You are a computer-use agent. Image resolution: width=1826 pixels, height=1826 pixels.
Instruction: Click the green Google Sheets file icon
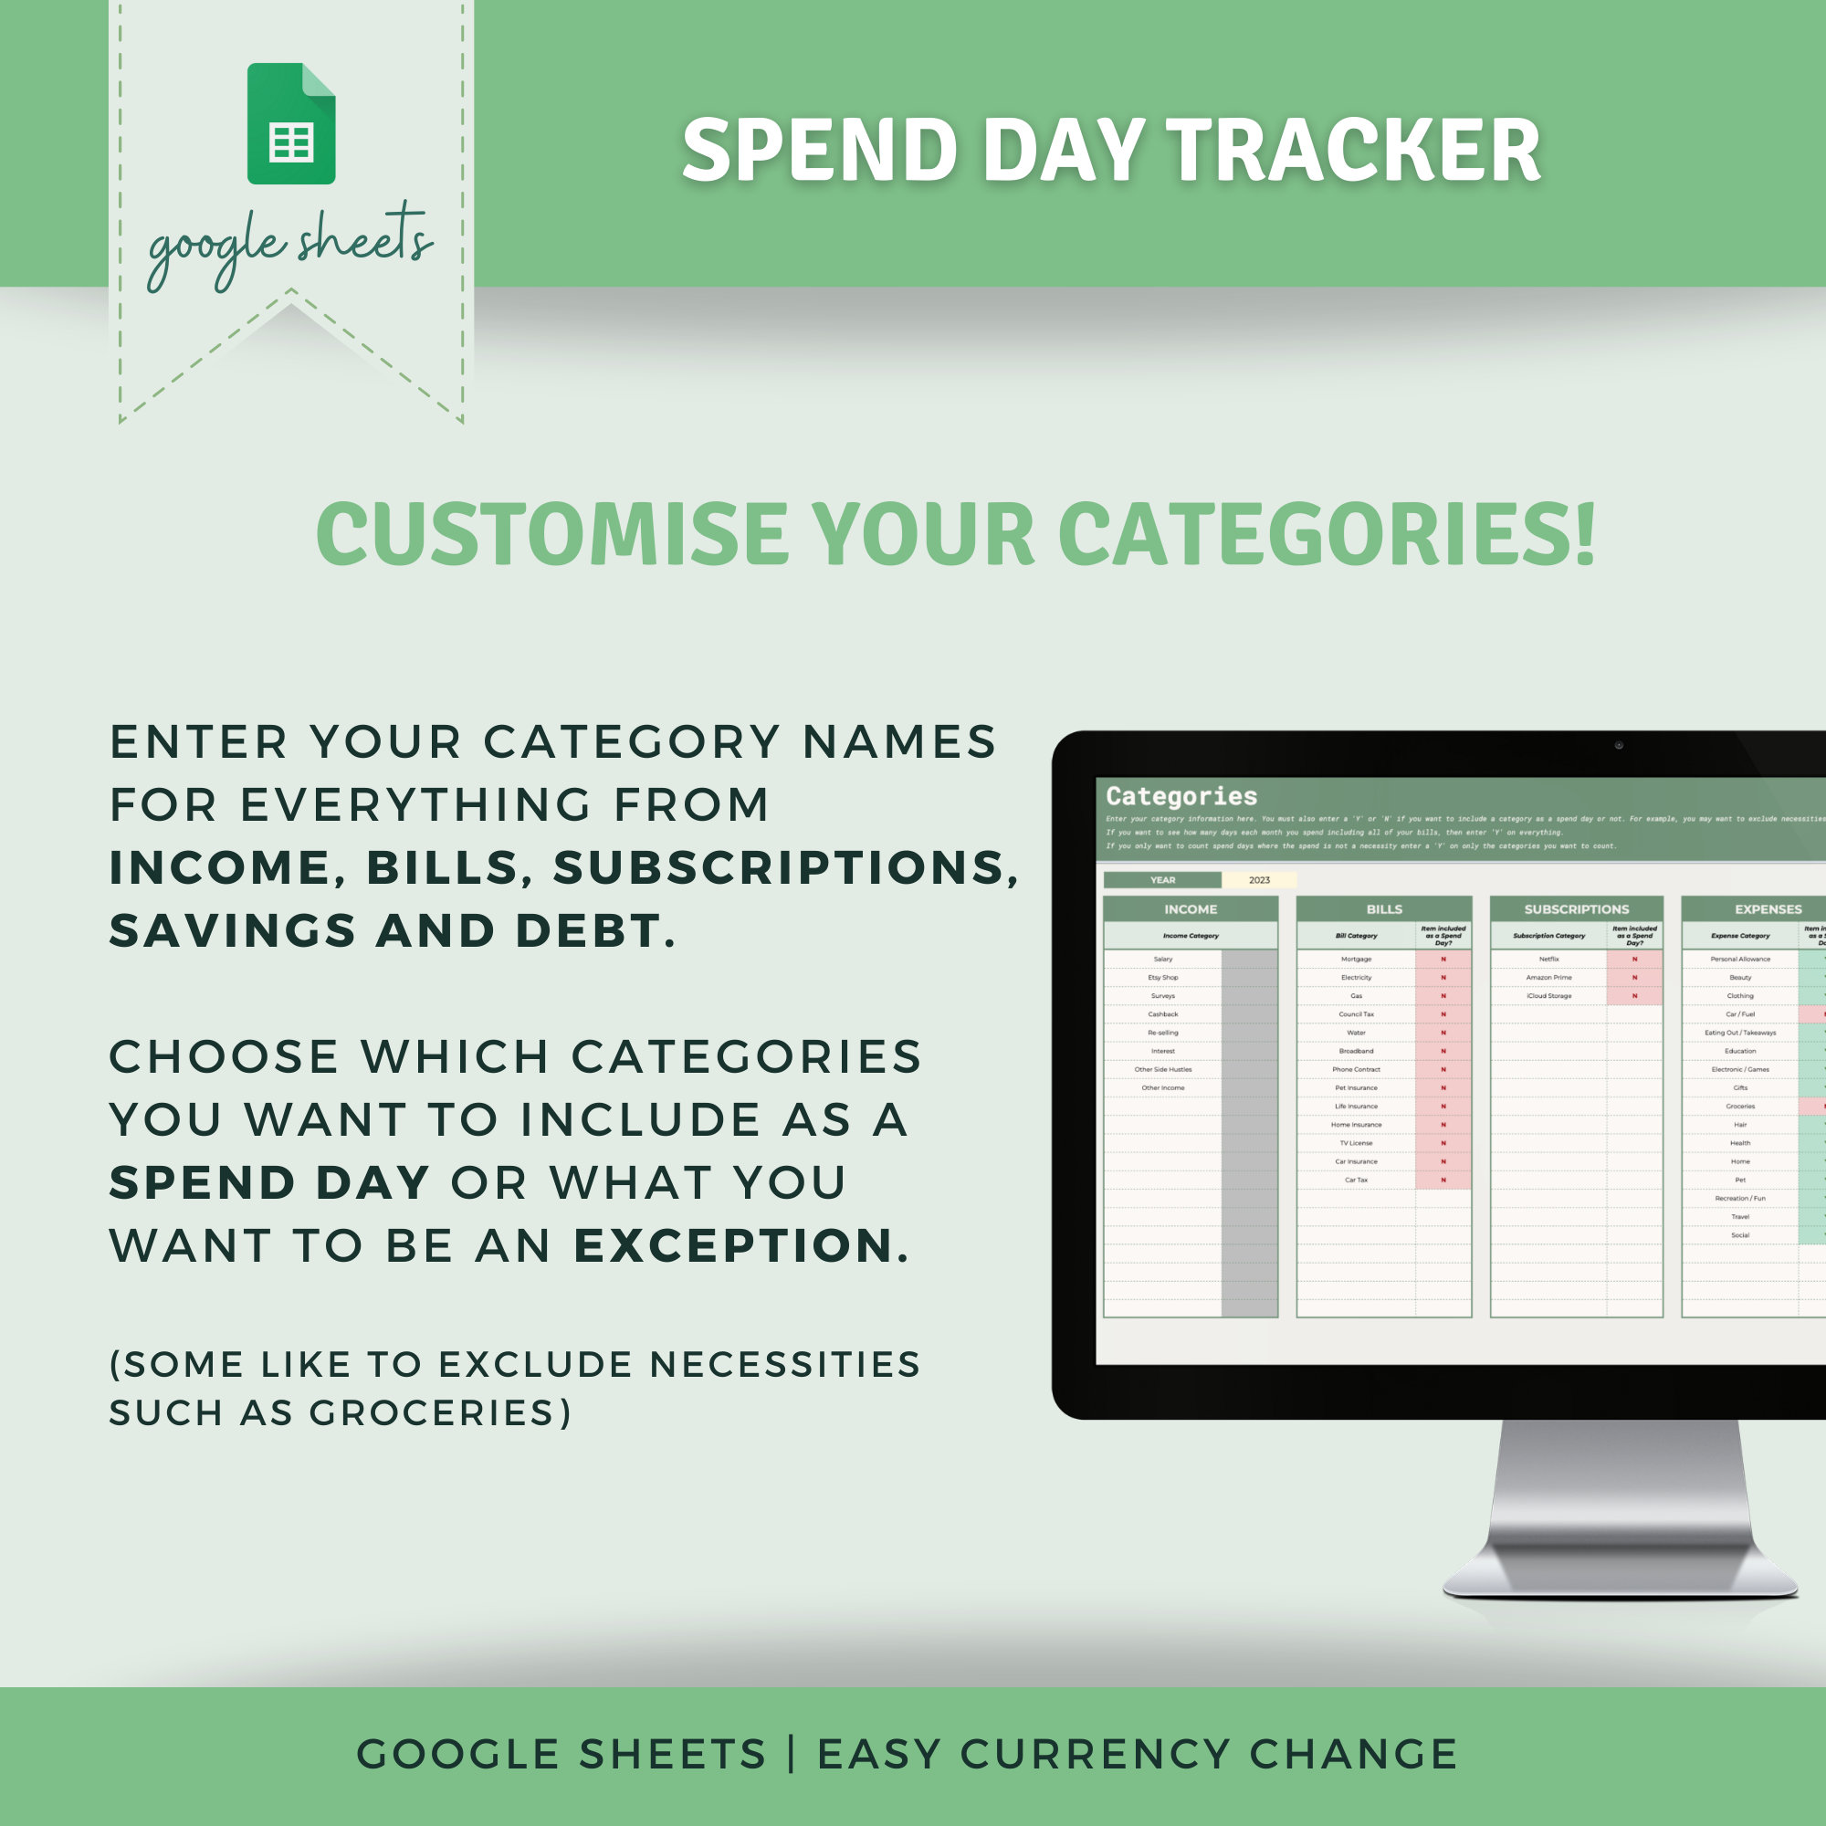pos(291,124)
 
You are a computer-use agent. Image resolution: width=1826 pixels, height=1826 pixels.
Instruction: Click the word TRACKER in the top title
pos(1353,152)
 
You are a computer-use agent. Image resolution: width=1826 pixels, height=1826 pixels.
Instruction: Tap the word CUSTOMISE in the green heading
pos(552,534)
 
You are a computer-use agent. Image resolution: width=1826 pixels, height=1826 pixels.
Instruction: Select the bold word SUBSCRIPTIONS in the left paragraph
pos(785,868)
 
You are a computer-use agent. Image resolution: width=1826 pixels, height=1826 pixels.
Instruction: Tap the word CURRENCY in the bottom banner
pos(1096,1754)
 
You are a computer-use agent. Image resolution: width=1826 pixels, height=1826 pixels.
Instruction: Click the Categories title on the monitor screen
pos(1181,796)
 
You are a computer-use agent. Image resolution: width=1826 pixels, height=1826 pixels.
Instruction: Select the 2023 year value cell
pos(1259,880)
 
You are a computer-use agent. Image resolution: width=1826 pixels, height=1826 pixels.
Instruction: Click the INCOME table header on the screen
pos(1190,909)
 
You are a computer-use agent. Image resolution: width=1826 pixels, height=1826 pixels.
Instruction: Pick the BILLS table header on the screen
pos(1384,909)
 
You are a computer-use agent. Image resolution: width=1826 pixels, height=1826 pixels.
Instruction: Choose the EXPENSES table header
pos(1768,909)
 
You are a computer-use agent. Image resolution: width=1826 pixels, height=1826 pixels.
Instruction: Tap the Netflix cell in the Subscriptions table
pos(1548,960)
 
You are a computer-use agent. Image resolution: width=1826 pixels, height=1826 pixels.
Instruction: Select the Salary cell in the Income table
pos(1162,960)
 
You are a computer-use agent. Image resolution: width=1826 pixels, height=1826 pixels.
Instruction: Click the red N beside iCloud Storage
pos(1634,996)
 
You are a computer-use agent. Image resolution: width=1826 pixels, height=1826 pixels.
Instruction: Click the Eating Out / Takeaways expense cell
pos(1740,1033)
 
